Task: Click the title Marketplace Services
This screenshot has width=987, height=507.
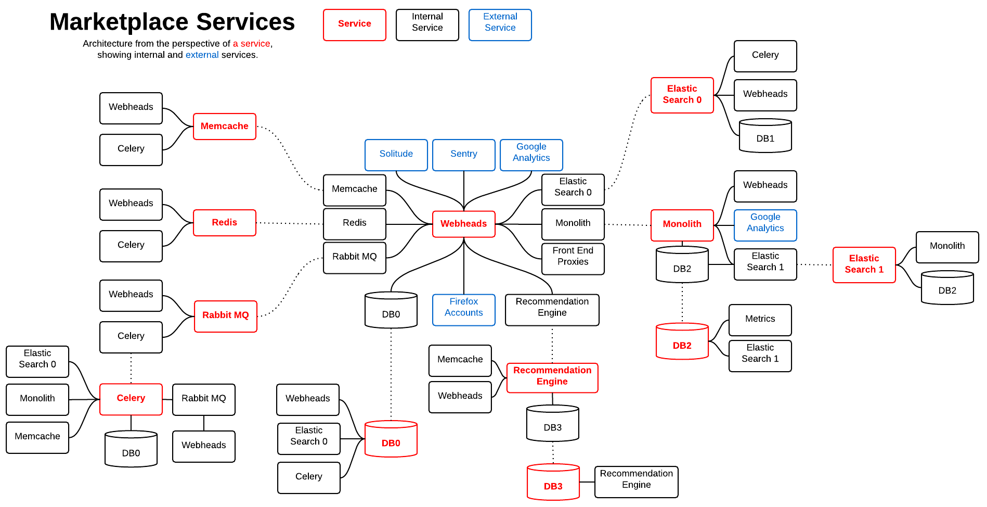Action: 172,22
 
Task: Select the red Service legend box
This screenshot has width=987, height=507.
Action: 355,25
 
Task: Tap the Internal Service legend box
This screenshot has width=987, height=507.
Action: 427,25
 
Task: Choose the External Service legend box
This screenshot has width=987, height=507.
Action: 500,25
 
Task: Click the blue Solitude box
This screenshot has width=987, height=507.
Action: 396,155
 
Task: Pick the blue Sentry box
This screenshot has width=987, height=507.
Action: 464,155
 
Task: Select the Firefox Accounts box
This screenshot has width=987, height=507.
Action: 464,310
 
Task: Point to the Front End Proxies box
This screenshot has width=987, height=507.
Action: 573,259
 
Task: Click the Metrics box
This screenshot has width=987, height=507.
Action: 760,320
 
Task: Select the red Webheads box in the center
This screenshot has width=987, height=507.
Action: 464,224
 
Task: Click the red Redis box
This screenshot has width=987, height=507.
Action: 225,223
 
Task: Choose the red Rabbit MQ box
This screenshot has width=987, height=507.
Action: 226,316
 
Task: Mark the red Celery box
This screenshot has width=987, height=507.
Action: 131,399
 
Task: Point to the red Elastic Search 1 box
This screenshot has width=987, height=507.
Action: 864,265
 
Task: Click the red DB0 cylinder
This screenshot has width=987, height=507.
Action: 391,439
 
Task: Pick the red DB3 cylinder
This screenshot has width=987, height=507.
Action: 553,482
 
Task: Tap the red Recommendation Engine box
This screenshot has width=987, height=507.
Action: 552,378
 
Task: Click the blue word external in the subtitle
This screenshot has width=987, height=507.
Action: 202,55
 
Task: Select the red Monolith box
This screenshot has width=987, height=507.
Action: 682,225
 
